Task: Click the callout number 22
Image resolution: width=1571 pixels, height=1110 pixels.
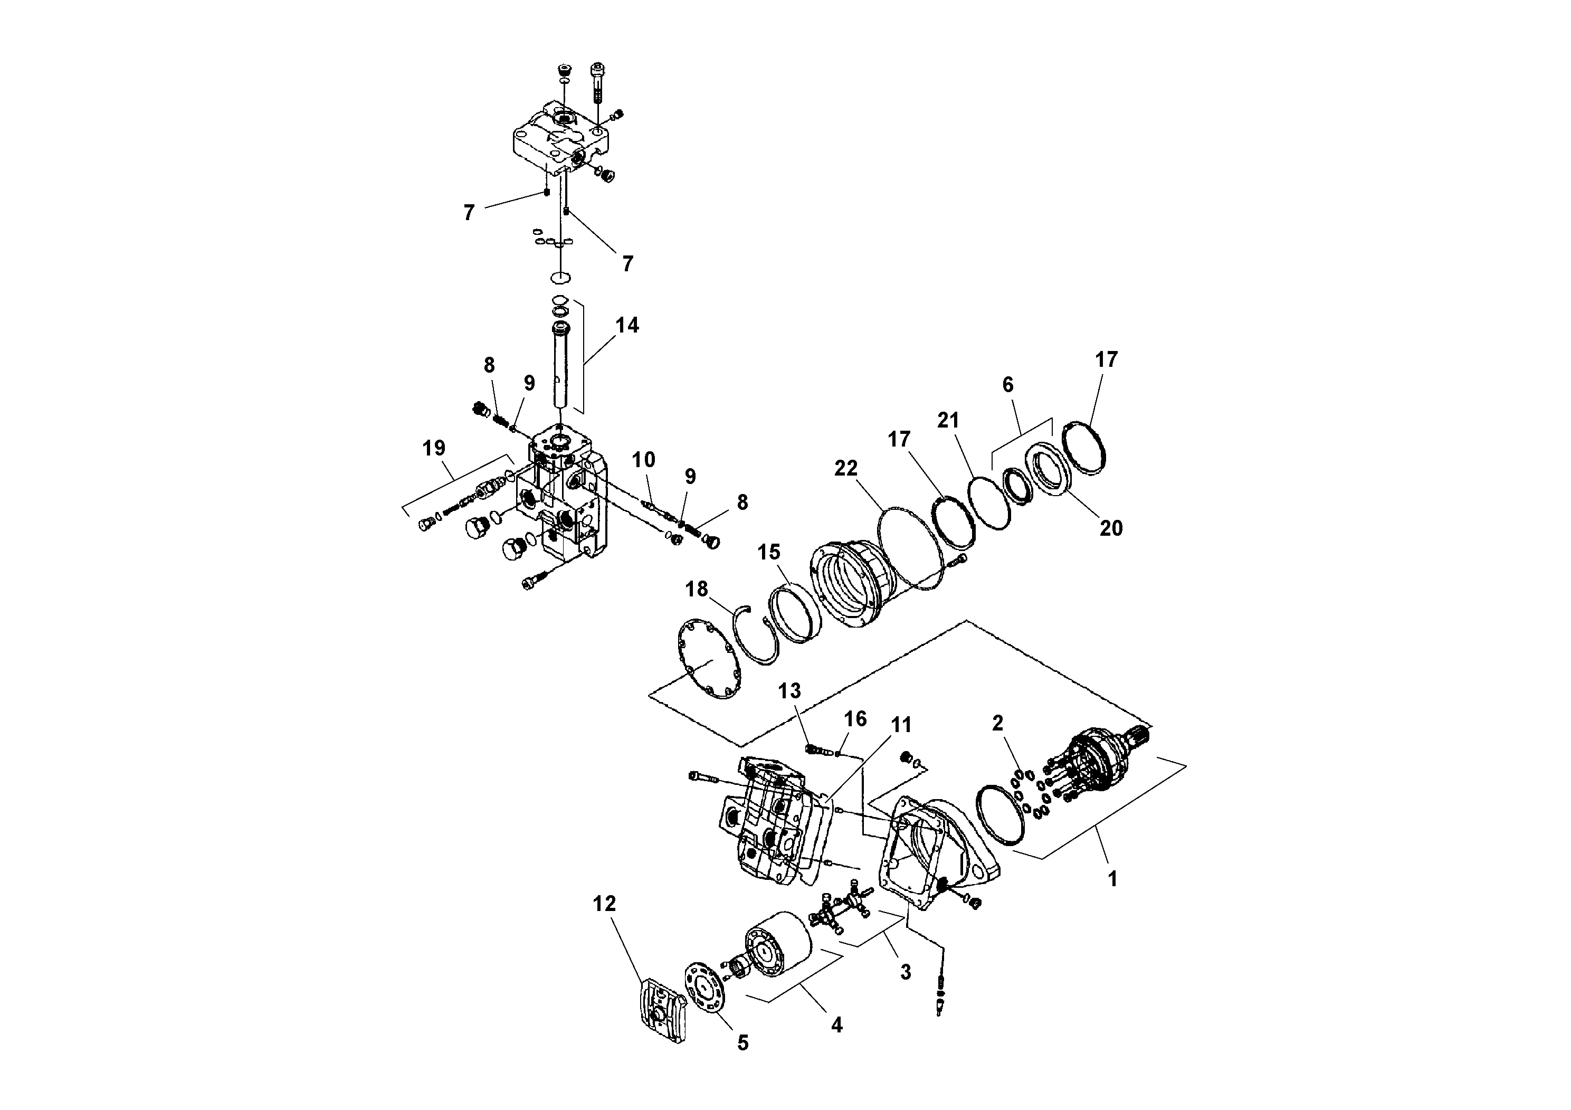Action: [846, 468]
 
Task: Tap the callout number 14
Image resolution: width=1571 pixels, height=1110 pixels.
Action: [627, 325]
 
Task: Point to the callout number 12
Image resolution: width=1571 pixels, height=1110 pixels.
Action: [604, 904]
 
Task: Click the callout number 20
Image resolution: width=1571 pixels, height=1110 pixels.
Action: [1110, 528]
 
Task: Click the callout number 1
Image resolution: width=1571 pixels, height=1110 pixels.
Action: [1112, 879]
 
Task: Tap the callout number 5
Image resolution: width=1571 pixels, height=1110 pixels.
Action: [743, 1043]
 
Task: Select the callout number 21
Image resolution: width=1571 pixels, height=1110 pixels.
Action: [948, 420]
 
